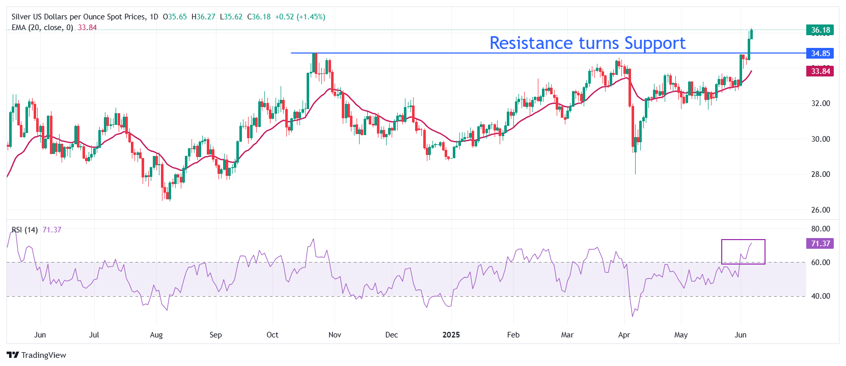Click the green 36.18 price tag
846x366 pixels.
(820, 30)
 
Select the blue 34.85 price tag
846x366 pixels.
(820, 54)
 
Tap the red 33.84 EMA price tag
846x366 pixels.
(820, 71)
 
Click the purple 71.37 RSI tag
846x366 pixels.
(820, 244)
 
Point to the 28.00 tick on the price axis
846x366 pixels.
(821, 174)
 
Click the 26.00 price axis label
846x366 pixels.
(821, 210)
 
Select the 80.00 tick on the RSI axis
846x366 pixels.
(821, 229)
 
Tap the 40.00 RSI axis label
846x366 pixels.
(821, 296)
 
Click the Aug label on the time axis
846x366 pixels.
(156, 335)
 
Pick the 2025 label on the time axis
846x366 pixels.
(451, 335)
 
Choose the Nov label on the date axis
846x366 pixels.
(335, 335)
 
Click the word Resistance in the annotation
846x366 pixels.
(530, 43)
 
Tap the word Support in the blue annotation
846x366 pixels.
(655, 44)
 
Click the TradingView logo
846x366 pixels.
(37, 355)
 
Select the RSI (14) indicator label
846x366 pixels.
(25, 230)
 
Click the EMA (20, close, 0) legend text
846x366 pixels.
(42, 28)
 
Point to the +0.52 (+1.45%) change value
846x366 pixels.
(300, 17)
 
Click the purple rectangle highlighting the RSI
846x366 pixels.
(743, 252)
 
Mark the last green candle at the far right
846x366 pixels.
(751, 34)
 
